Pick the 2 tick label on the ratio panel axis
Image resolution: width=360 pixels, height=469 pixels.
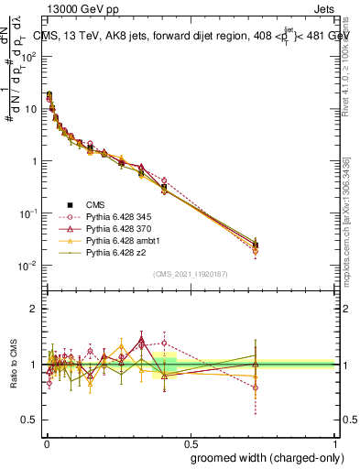pos(33,309)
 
